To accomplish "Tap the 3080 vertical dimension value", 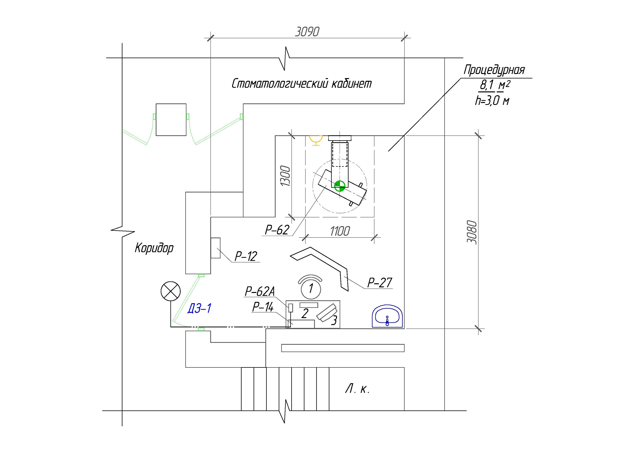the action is pyautogui.click(x=472, y=232).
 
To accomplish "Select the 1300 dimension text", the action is pyautogui.click(x=285, y=176).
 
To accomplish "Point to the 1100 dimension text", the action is pyautogui.click(x=340, y=231).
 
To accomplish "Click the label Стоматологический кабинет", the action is pyautogui.click(x=302, y=83).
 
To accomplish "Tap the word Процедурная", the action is pyautogui.click(x=494, y=70).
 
